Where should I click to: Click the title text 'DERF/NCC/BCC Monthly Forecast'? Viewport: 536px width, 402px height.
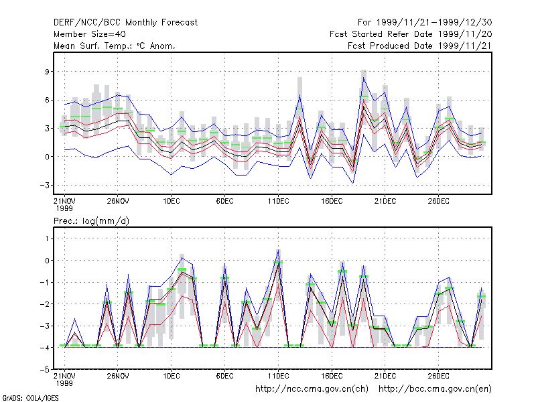pos(125,23)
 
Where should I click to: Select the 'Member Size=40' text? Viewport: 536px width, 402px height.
pos(90,34)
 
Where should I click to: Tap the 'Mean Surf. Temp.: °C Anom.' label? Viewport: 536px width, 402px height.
pos(115,46)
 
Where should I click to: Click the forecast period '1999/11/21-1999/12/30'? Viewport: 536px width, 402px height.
pos(434,23)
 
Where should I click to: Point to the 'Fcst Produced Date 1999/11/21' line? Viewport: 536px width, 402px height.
pos(420,46)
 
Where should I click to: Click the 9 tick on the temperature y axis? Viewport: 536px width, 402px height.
pos(47,72)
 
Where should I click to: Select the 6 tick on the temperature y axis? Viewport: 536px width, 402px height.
pos(47,100)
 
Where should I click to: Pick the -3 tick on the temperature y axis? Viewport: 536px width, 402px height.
pos(44,186)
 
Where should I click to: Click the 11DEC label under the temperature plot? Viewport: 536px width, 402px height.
pos(278,201)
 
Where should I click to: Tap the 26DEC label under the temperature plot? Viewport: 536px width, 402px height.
pos(439,201)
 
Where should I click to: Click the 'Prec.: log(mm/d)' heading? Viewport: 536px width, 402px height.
pos(91,221)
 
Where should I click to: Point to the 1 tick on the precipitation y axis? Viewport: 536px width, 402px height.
pos(47,239)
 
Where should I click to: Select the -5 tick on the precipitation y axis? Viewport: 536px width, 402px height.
pos(44,370)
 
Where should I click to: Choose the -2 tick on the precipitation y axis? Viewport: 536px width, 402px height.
pos(44,304)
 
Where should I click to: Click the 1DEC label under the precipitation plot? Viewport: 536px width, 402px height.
pos(172,376)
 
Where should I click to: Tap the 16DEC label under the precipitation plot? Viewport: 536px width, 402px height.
pos(332,376)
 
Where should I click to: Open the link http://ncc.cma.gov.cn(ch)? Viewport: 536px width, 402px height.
pos(312,389)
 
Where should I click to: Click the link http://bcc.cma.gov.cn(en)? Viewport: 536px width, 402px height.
pos(435,389)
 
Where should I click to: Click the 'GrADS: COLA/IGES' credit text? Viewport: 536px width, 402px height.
pos(30,398)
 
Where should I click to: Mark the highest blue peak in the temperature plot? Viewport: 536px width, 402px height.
pos(364,78)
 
